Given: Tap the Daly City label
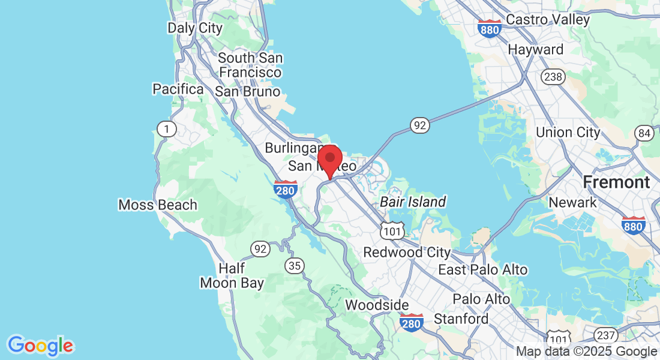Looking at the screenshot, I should tap(194, 28).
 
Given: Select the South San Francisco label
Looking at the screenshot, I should tap(250, 65).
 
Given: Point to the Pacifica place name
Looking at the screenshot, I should tap(178, 89).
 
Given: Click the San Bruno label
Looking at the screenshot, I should tap(247, 92).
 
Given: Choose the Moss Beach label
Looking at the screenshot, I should tap(158, 205).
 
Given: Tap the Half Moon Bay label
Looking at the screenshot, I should tap(232, 276).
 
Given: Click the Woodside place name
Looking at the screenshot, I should tap(377, 305).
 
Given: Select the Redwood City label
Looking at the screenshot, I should tap(407, 253).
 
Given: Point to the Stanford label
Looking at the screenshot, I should tap(461, 319).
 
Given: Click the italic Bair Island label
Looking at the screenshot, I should tap(413, 202).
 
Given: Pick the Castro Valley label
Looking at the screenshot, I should tap(548, 20).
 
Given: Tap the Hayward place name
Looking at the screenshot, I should tap(536, 50).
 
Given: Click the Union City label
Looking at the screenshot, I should tap(568, 133).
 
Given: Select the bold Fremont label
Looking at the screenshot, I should tap(616, 182).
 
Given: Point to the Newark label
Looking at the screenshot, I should tap(573, 202).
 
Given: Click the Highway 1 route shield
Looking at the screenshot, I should tap(164, 128).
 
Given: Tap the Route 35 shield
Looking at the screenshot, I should tap(295, 265).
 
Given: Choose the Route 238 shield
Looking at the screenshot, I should tap(551, 77).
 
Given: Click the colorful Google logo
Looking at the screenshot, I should tap(40, 346).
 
